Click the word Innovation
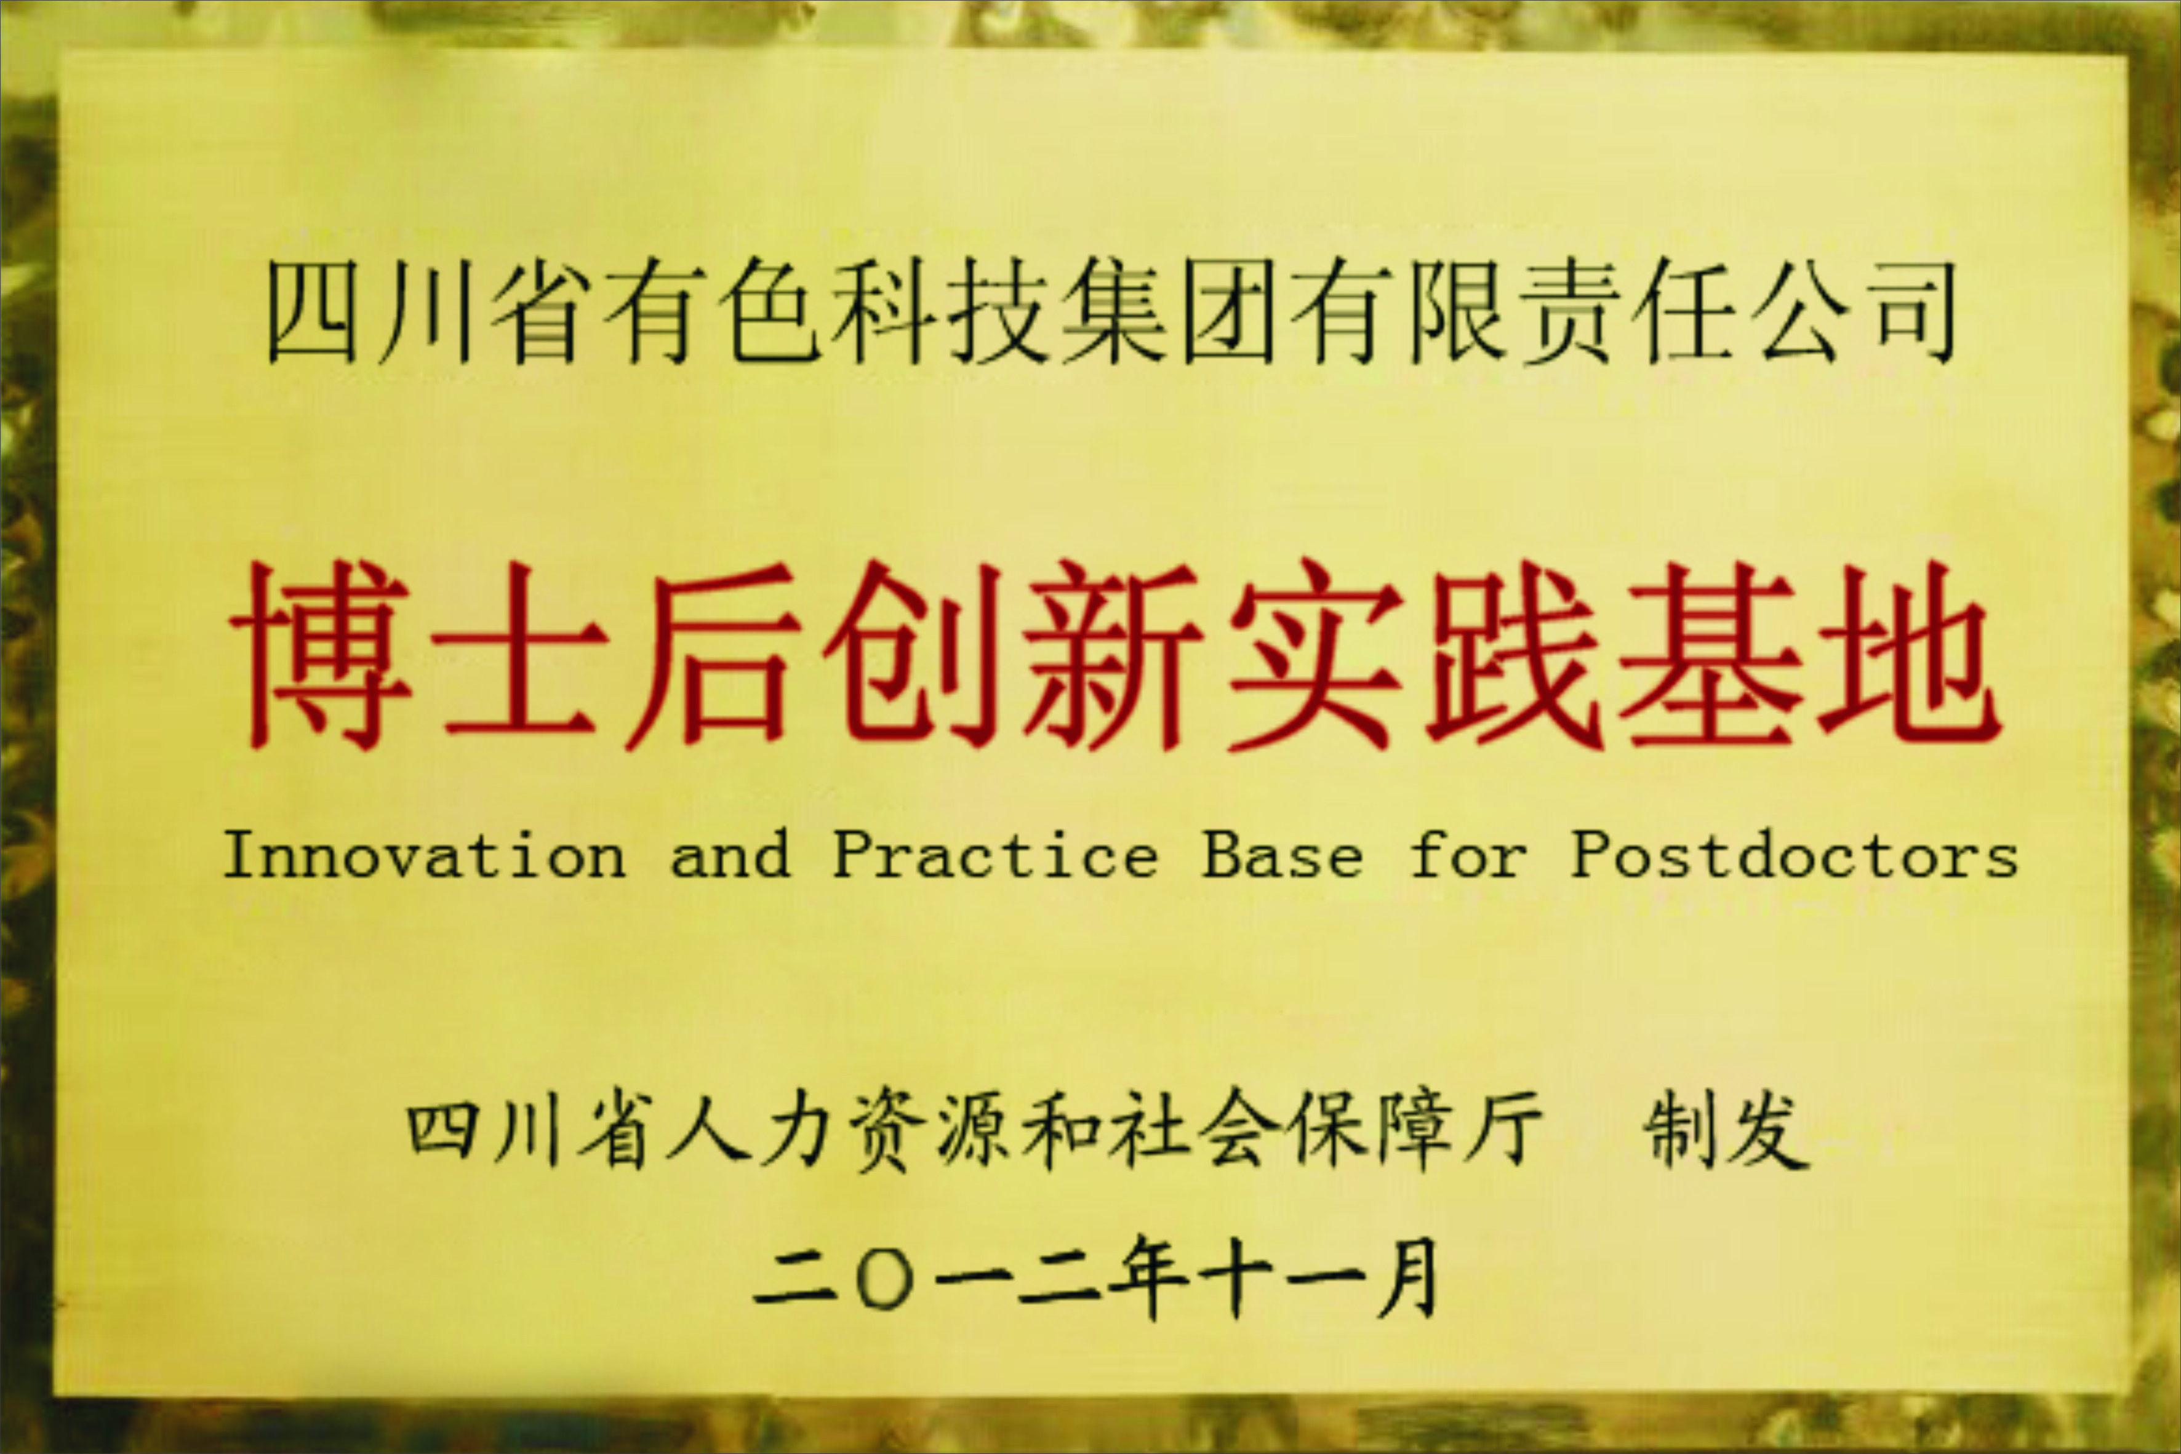tap(425, 854)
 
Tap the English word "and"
tap(730, 854)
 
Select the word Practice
tap(996, 854)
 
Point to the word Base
tap(1283, 854)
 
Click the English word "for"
tap(1467, 854)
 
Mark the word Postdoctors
tap(1793, 854)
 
